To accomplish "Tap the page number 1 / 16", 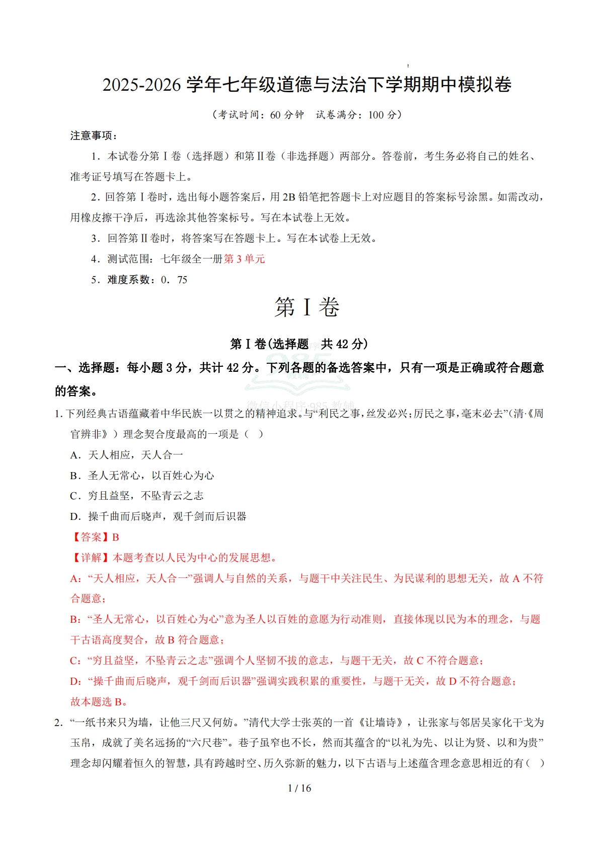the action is [299, 788].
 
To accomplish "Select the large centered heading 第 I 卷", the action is [307, 307].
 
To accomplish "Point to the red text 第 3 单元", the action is [245, 259].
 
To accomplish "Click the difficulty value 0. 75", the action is [174, 280].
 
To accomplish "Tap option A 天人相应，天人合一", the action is [126, 455].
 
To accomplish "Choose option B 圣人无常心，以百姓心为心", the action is [142, 476].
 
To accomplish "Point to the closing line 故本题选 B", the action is [98, 701].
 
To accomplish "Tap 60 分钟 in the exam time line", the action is [287, 115].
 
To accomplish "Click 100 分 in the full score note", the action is [382, 115].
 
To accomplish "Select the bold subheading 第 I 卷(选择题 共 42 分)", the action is [299, 344].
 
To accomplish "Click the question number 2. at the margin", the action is [59, 723].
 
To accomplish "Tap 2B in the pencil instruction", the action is [289, 197].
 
